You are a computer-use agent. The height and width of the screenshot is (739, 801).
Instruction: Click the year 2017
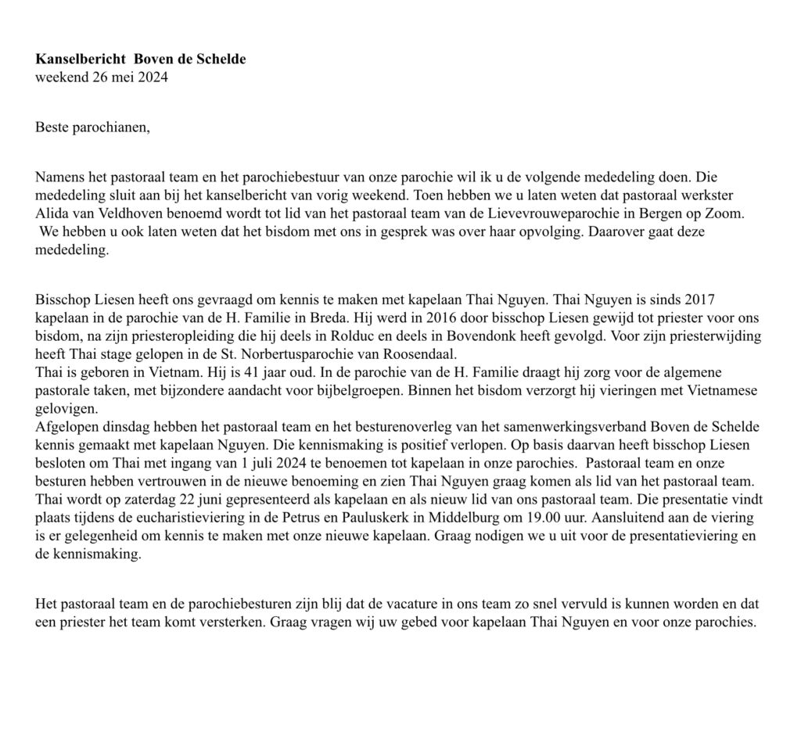[x=699, y=300]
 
